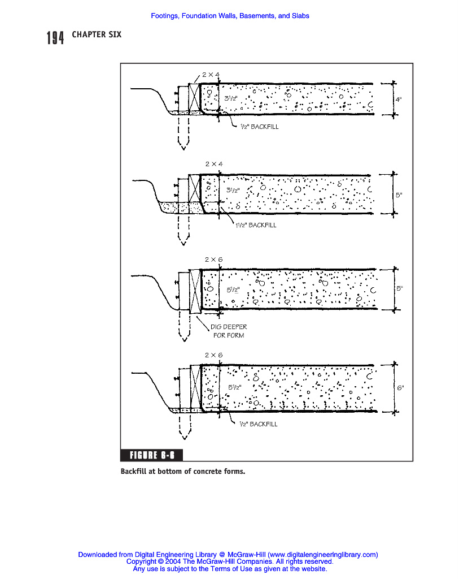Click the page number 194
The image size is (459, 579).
[x=55, y=38]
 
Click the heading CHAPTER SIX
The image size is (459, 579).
[x=97, y=35]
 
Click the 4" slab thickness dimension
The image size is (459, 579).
[x=398, y=100]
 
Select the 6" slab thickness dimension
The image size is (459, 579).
[x=400, y=388]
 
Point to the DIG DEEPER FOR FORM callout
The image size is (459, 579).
[x=228, y=331]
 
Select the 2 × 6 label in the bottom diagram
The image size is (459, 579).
[x=213, y=355]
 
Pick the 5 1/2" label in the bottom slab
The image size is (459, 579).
[x=234, y=387]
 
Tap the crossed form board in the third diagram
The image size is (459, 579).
[x=195, y=291]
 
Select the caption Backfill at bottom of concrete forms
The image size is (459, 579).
[x=183, y=470]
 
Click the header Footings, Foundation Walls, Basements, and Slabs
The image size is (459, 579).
[x=230, y=16]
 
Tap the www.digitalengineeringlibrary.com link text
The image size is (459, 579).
[x=322, y=555]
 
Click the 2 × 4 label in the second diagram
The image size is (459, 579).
[x=214, y=163]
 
